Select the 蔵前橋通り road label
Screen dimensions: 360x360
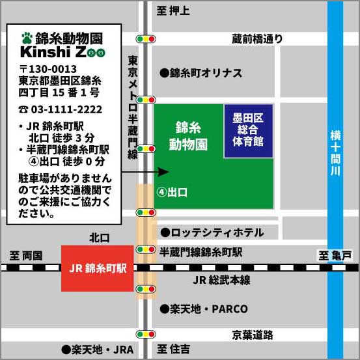click(x=257, y=39)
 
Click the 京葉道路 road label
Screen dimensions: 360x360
click(x=253, y=335)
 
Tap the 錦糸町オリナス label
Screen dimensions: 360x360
click(x=201, y=73)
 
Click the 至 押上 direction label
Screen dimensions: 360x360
click(x=173, y=10)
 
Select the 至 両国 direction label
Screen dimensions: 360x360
click(x=26, y=256)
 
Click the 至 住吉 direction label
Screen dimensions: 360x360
click(x=174, y=349)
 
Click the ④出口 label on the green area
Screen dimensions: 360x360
click(x=172, y=193)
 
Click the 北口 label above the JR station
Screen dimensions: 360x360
click(x=100, y=238)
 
